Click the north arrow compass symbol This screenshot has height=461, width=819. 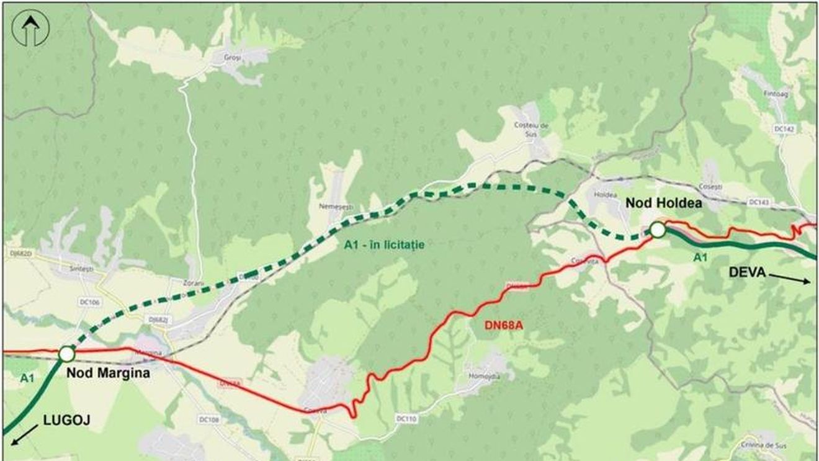30,29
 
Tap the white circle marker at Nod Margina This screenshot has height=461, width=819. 66,354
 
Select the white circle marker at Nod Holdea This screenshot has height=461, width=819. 658,230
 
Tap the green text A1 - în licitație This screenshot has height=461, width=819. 384,245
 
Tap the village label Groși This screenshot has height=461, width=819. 233,57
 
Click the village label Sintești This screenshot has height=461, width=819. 81,269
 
